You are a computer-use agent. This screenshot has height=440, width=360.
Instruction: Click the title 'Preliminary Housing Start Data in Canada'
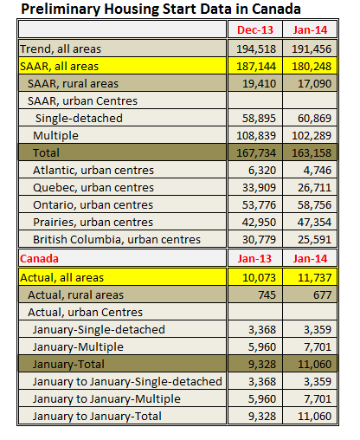[161, 10]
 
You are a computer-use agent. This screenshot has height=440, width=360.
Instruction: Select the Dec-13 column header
[256, 30]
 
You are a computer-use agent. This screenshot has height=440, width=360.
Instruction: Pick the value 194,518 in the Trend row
[256, 49]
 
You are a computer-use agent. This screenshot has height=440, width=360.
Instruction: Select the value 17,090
[310, 84]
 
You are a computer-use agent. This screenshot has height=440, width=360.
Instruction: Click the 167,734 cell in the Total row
[256, 153]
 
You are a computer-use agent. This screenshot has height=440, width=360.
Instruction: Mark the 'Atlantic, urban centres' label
[94, 171]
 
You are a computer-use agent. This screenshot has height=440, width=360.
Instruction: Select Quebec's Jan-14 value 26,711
[310, 188]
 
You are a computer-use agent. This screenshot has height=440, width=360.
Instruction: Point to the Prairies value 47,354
[310, 223]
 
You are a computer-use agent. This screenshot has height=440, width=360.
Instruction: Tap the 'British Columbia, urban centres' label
[117, 240]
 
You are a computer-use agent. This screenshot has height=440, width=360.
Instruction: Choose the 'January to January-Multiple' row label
[106, 398]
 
